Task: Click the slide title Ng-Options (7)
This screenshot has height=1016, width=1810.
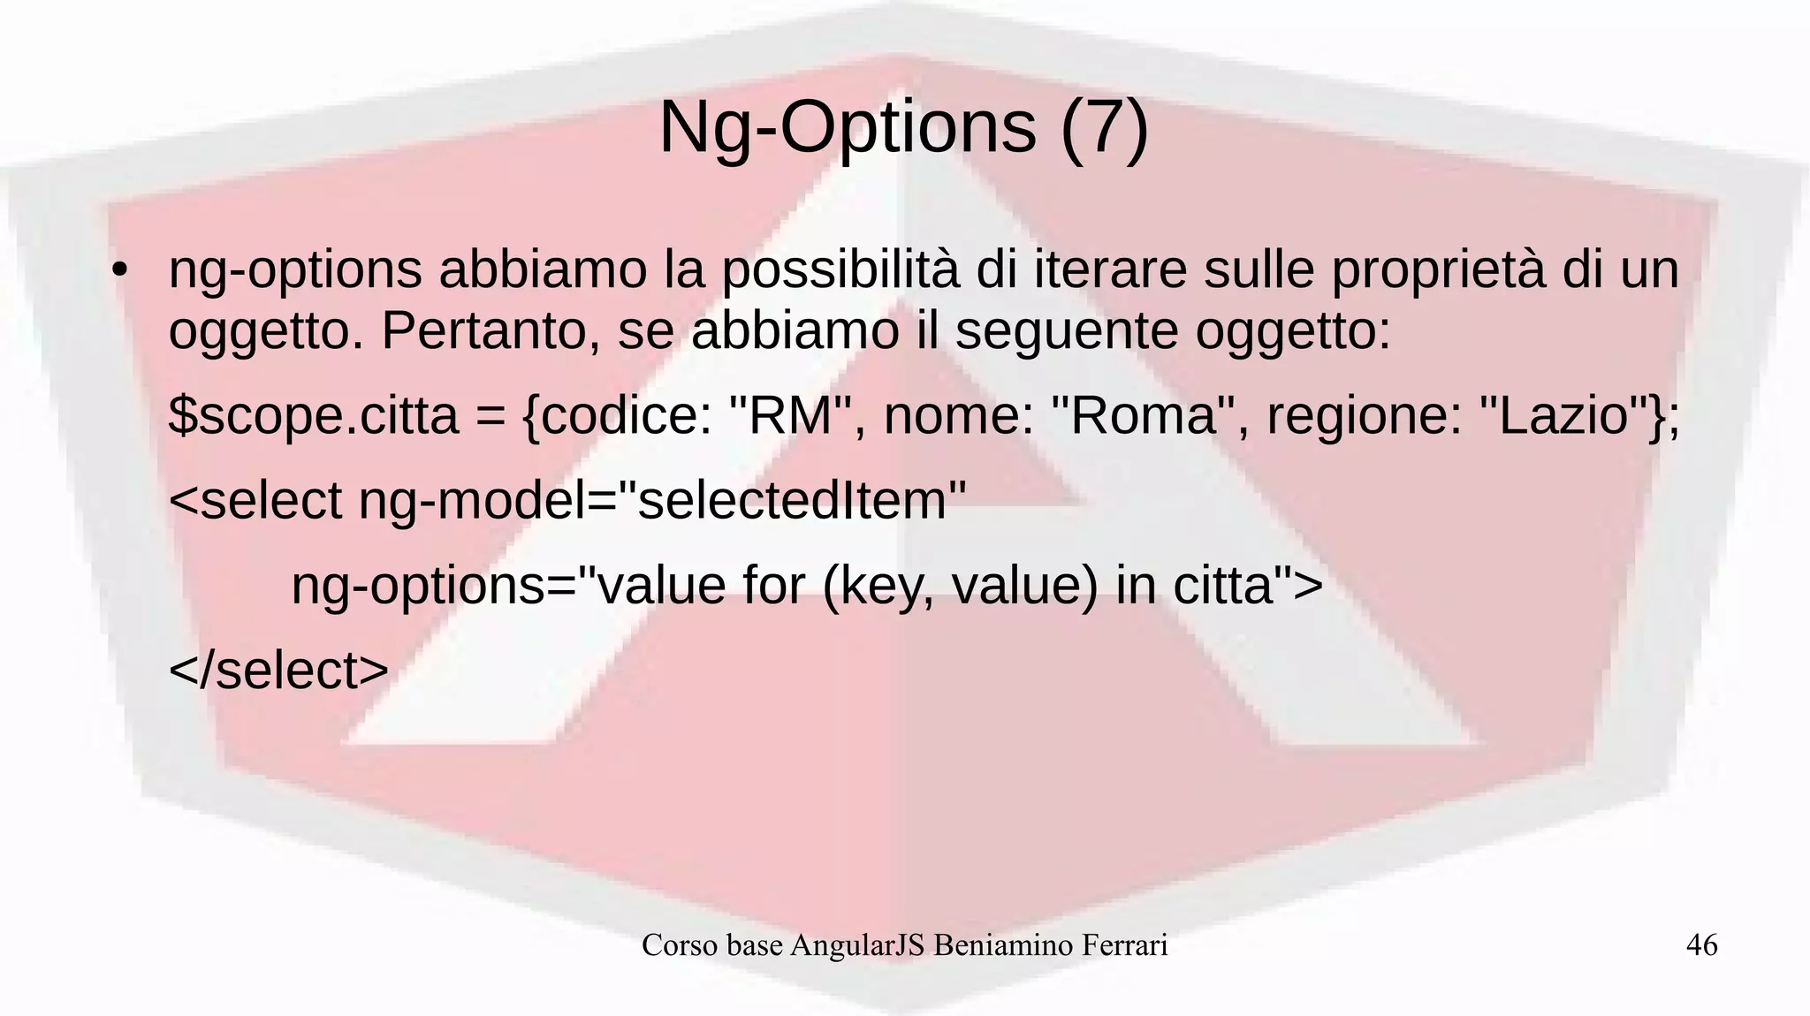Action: pyautogui.click(x=904, y=128)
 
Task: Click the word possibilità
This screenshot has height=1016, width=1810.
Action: pyautogui.click(x=840, y=270)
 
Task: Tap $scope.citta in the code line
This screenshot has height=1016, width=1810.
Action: pyautogui.click(x=314, y=416)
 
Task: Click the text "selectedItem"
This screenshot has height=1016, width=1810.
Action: pyautogui.click(x=793, y=501)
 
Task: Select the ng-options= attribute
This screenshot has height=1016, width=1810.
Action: pyautogui.click(x=433, y=586)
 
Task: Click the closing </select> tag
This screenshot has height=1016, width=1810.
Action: pyautogui.click(x=278, y=671)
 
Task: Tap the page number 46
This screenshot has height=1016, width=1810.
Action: pyautogui.click(x=1701, y=945)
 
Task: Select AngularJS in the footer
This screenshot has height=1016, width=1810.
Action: pyautogui.click(x=857, y=945)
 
